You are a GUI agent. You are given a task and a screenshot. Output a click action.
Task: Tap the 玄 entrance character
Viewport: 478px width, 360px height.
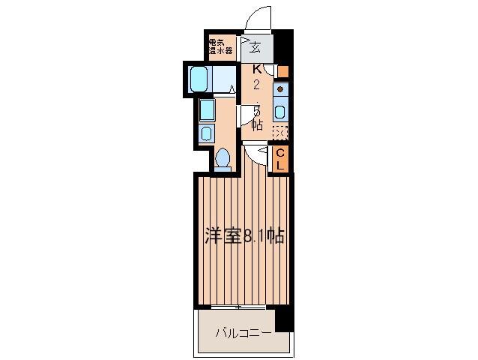256,47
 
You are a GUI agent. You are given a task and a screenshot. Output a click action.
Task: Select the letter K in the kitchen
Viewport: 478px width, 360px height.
256,68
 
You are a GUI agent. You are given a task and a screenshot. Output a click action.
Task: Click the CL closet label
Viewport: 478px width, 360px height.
279,159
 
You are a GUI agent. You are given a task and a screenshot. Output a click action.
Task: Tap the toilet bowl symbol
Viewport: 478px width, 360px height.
223,158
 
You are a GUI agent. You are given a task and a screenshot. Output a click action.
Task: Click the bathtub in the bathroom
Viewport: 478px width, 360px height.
199,79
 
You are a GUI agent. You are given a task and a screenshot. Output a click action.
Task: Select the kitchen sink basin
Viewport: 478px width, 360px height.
279,112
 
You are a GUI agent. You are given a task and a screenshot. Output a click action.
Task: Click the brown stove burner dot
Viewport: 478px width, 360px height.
279,88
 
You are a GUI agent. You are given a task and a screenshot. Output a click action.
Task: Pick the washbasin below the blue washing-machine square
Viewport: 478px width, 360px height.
206,133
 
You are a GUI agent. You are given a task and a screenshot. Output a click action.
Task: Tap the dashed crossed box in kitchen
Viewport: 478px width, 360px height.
279,133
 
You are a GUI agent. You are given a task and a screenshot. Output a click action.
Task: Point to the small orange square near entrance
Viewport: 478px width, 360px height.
282,72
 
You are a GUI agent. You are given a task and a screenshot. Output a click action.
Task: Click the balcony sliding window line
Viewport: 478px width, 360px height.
239,307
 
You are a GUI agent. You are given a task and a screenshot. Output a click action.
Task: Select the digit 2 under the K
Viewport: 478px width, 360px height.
256,85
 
